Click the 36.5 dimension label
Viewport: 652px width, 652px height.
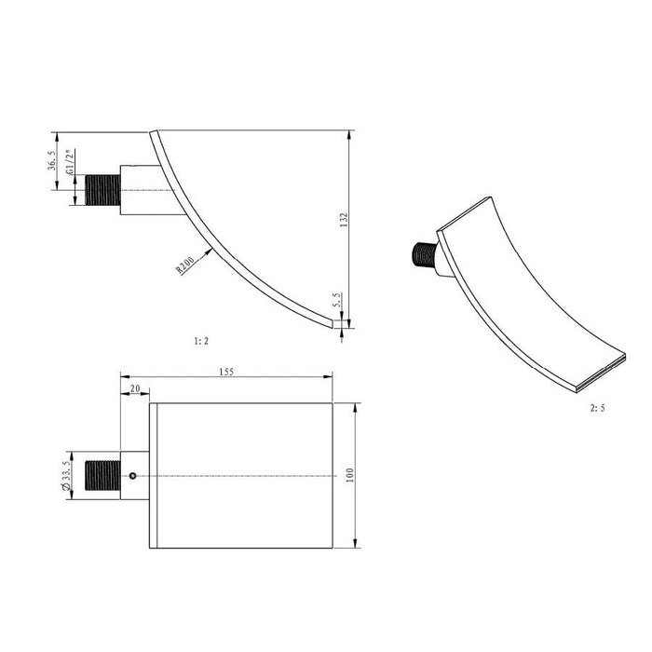tap(51, 160)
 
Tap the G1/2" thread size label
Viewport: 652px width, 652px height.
tap(70, 162)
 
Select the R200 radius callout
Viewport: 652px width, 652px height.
tap(185, 265)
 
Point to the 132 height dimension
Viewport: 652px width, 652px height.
tap(344, 220)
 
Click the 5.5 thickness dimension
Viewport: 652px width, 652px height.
tap(336, 300)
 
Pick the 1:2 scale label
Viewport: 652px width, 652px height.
tap(201, 341)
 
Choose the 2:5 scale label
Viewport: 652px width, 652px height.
tap(598, 408)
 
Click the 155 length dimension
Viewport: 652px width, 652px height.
tap(226, 372)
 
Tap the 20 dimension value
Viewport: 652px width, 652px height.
tap(135, 388)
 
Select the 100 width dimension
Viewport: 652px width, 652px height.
tap(349, 475)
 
